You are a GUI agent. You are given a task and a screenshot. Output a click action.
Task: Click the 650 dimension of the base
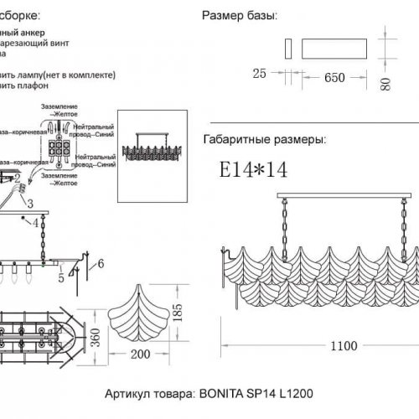tap(334, 76)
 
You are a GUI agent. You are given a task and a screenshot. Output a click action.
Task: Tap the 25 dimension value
tap(259, 74)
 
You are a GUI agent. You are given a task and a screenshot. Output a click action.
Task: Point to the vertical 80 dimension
tap(385, 83)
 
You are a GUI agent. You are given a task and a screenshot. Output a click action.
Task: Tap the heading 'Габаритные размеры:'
tap(265, 140)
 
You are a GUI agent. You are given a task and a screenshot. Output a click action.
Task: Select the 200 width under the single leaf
tap(141, 354)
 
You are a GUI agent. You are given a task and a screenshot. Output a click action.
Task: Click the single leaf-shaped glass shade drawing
tap(140, 309)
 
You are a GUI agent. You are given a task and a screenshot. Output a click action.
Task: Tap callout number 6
tap(100, 265)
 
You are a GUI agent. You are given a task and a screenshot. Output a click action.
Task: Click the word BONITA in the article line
tap(222, 391)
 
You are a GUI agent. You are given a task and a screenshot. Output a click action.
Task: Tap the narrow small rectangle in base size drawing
tap(288, 48)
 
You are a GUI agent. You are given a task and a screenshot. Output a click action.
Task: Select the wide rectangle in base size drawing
tap(335, 48)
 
